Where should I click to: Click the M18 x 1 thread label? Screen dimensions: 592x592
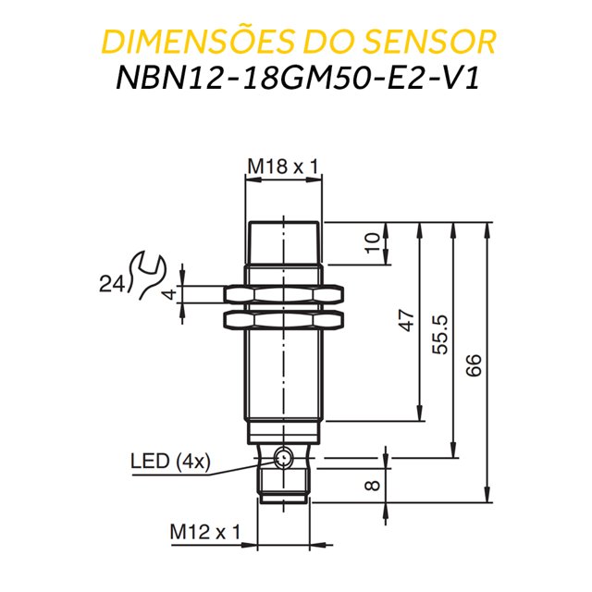(282, 166)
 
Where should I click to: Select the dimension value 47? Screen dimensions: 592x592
(405, 322)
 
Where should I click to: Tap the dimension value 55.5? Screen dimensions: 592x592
(440, 335)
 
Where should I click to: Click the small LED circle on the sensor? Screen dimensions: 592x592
(283, 455)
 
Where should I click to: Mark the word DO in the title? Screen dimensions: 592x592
(341, 42)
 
